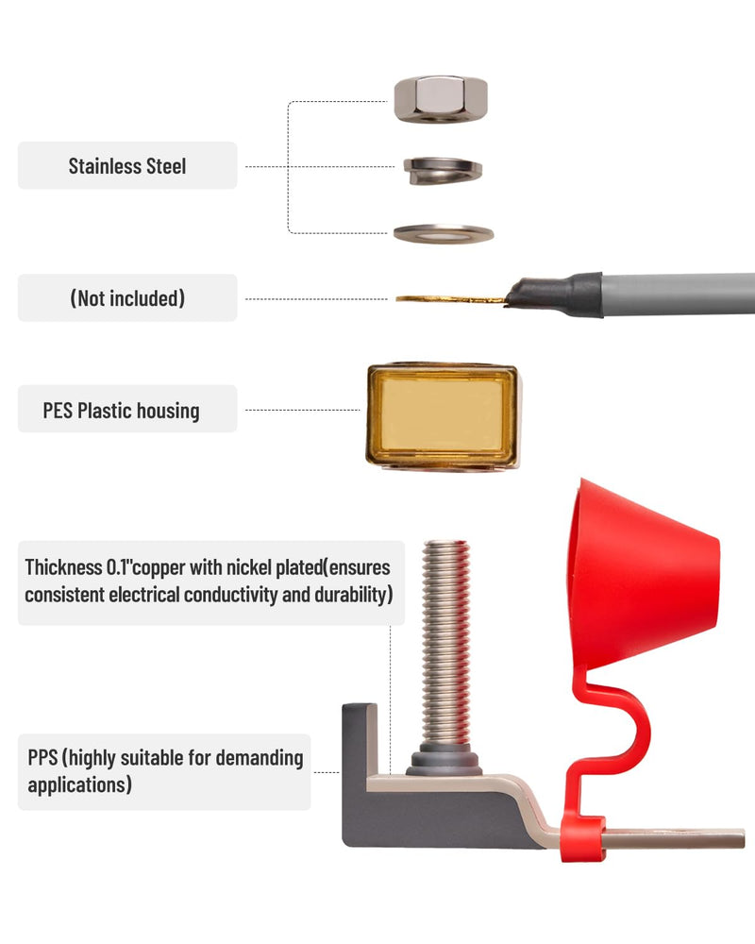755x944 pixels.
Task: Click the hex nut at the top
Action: click(x=441, y=99)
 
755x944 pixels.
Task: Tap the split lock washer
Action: click(x=444, y=170)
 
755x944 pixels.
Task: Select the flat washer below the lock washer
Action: click(x=444, y=233)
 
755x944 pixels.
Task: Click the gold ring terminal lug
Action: click(x=450, y=298)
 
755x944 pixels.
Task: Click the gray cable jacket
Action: click(x=679, y=294)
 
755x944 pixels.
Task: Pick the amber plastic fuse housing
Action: click(x=444, y=416)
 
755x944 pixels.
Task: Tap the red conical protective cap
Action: click(x=643, y=575)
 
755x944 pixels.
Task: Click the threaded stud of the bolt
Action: click(x=446, y=643)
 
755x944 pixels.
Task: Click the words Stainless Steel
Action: click(x=127, y=166)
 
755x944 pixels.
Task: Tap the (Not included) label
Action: click(x=127, y=298)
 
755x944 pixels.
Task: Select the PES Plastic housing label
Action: click(x=121, y=411)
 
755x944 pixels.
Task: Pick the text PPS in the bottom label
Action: click(x=42, y=757)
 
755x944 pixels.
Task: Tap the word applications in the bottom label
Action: click(x=79, y=785)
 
